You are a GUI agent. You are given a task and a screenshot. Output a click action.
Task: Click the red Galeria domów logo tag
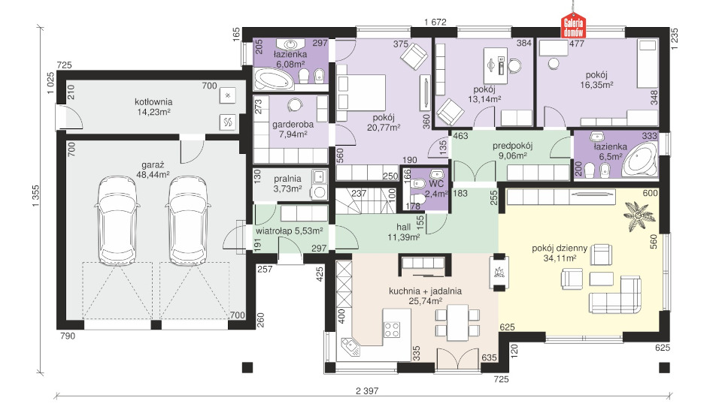coord(574,26)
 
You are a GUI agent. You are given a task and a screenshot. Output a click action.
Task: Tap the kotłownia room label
coord(153,102)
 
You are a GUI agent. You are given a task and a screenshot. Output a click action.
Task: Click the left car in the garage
coord(117,221)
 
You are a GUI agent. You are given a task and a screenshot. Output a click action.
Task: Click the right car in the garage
coord(188,221)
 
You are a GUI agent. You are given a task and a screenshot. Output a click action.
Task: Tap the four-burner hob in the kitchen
coord(392,329)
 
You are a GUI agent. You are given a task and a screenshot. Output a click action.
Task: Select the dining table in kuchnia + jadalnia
coord(457,323)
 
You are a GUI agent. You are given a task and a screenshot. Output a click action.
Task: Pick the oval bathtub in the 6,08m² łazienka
coord(273,80)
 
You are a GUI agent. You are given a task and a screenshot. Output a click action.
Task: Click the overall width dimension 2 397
coord(367,391)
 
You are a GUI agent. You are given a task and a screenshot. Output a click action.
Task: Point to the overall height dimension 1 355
coord(36,196)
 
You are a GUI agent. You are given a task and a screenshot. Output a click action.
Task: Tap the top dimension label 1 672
coord(435,21)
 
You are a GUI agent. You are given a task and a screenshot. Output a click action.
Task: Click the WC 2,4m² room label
coord(435,189)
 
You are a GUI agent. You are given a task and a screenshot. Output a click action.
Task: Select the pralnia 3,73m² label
coord(287,184)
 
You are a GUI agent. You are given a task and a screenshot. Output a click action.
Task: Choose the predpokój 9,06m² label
coord(512,151)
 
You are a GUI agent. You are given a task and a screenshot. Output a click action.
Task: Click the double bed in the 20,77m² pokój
coord(361,92)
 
